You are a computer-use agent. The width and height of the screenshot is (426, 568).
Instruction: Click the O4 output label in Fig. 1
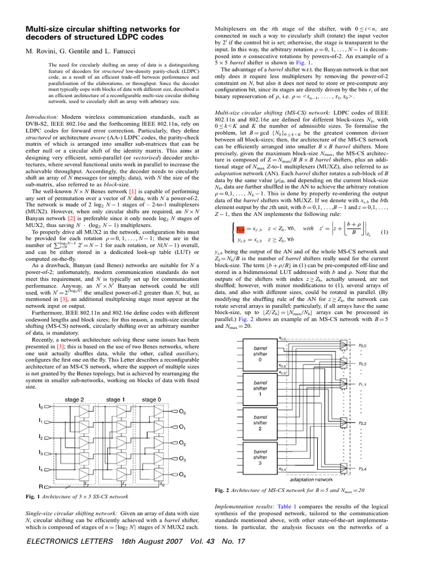(182, 475)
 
